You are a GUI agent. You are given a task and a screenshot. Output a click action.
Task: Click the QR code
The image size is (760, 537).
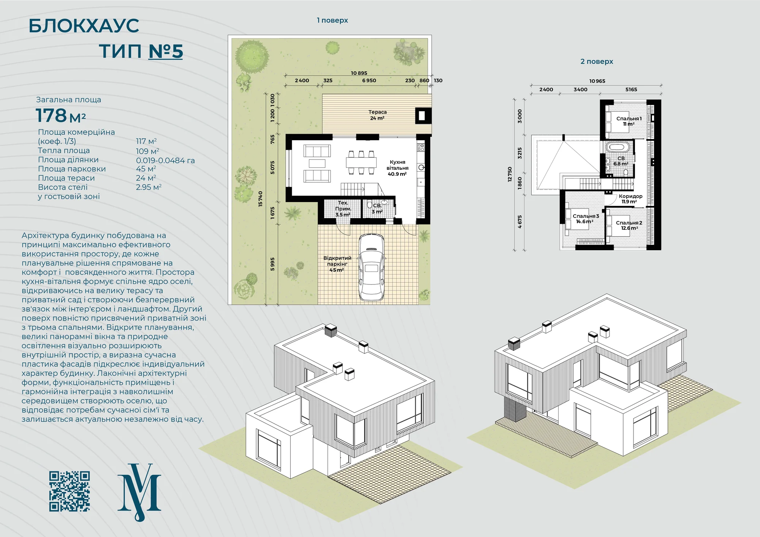click(x=70, y=491)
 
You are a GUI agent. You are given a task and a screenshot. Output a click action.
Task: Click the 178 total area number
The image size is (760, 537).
click(x=51, y=115)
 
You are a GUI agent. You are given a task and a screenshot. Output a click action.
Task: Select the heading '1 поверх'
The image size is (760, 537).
click(x=332, y=21)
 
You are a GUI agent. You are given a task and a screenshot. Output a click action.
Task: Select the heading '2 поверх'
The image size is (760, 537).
click(x=597, y=62)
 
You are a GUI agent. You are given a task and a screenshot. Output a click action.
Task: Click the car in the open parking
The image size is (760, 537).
click(x=371, y=267)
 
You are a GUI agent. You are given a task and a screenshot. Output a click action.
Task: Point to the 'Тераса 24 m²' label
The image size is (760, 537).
click(x=377, y=115)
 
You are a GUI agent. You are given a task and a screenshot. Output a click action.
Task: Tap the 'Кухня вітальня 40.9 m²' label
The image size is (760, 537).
click(x=397, y=168)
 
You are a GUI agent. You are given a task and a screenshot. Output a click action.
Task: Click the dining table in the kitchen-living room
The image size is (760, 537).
click(x=361, y=163)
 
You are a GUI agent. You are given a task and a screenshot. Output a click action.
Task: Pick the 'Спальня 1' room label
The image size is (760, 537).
click(x=629, y=118)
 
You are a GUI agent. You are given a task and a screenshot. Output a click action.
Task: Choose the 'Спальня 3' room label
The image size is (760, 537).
click(x=586, y=216)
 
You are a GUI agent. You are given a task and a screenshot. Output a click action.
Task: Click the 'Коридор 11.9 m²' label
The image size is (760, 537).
click(x=630, y=199)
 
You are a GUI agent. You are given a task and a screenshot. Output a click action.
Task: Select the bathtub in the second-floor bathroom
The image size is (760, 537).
click(x=617, y=147)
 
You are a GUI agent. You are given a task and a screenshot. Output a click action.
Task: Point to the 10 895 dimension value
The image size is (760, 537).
click(x=359, y=73)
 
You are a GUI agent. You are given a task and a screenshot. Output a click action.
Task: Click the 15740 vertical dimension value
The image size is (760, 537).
click(x=260, y=199)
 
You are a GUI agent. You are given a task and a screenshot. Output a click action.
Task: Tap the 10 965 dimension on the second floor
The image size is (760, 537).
click(x=597, y=81)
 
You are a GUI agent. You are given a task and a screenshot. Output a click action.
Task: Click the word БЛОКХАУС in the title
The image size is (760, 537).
click(x=84, y=26)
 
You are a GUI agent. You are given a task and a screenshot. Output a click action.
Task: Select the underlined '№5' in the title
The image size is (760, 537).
click(x=166, y=51)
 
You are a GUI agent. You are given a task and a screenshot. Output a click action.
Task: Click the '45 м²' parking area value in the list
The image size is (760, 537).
click(x=146, y=169)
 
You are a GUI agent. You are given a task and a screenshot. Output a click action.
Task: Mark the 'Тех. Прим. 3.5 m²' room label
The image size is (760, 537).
click(x=343, y=209)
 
